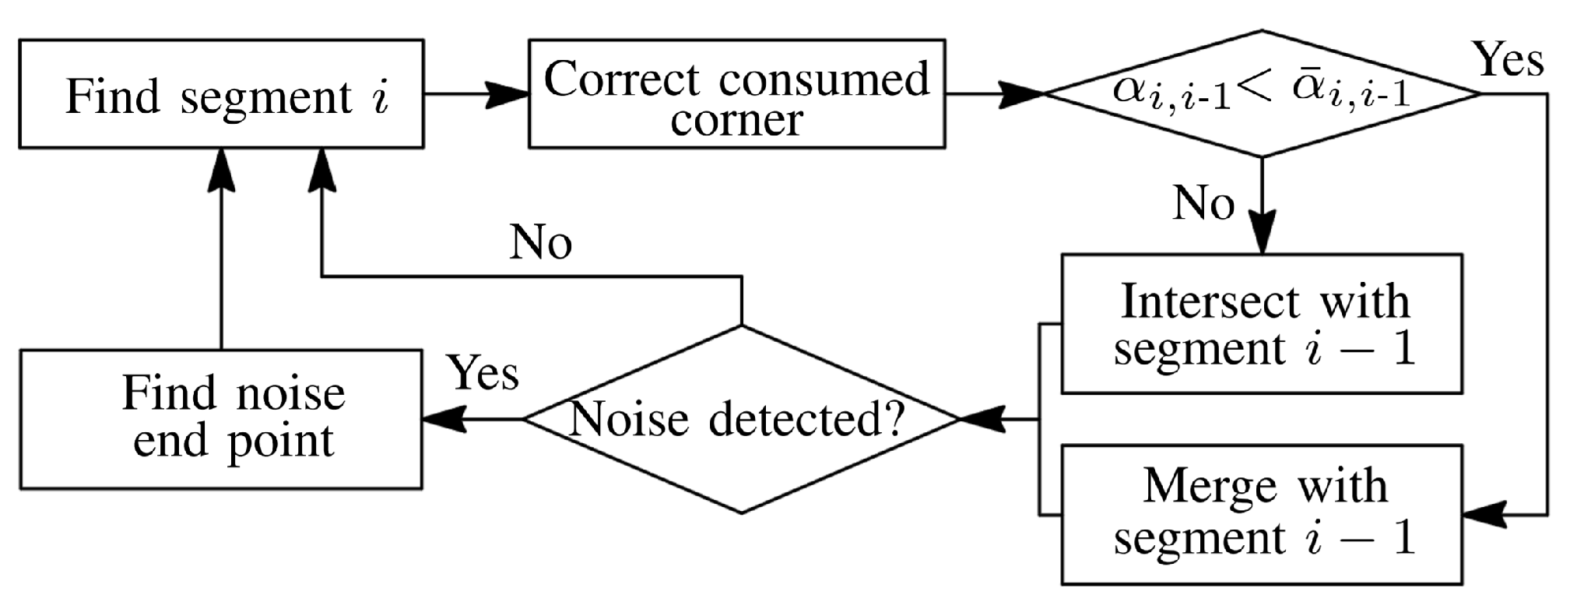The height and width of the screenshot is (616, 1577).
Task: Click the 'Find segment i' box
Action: coord(221,93)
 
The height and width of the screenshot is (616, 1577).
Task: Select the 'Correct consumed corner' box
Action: coord(736,93)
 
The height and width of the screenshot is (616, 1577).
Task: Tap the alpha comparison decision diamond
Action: coord(1261,93)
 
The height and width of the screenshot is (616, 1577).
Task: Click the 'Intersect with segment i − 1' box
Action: coord(1262,323)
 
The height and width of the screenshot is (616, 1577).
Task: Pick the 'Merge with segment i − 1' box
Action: coord(1262,514)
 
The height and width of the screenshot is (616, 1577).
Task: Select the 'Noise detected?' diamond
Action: coord(741,419)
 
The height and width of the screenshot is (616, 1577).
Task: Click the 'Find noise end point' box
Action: coord(221,419)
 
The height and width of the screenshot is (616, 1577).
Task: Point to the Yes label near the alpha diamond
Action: coord(1508,60)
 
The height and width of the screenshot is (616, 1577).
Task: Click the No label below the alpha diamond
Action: coord(1203,203)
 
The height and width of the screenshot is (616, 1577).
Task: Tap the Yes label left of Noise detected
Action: coord(483,373)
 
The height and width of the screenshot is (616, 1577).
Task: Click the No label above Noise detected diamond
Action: coord(540,242)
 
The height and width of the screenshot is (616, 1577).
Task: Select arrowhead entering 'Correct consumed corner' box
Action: coord(510,94)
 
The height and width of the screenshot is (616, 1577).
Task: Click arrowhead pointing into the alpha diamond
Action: coord(1022,94)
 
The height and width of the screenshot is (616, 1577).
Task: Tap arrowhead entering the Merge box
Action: coord(1484,514)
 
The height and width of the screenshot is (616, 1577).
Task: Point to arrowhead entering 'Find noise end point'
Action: coord(443,419)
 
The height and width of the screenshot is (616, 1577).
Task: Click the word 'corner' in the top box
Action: coord(736,121)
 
